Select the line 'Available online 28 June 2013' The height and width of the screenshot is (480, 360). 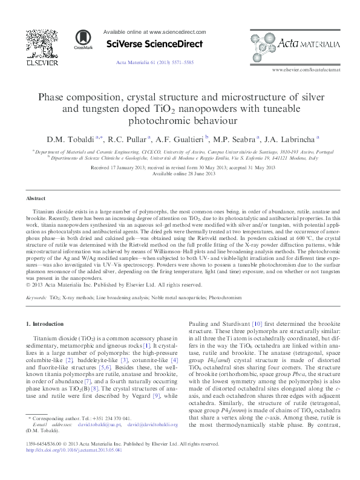pos(180,174)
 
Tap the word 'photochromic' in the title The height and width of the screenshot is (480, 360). pos(180,120)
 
